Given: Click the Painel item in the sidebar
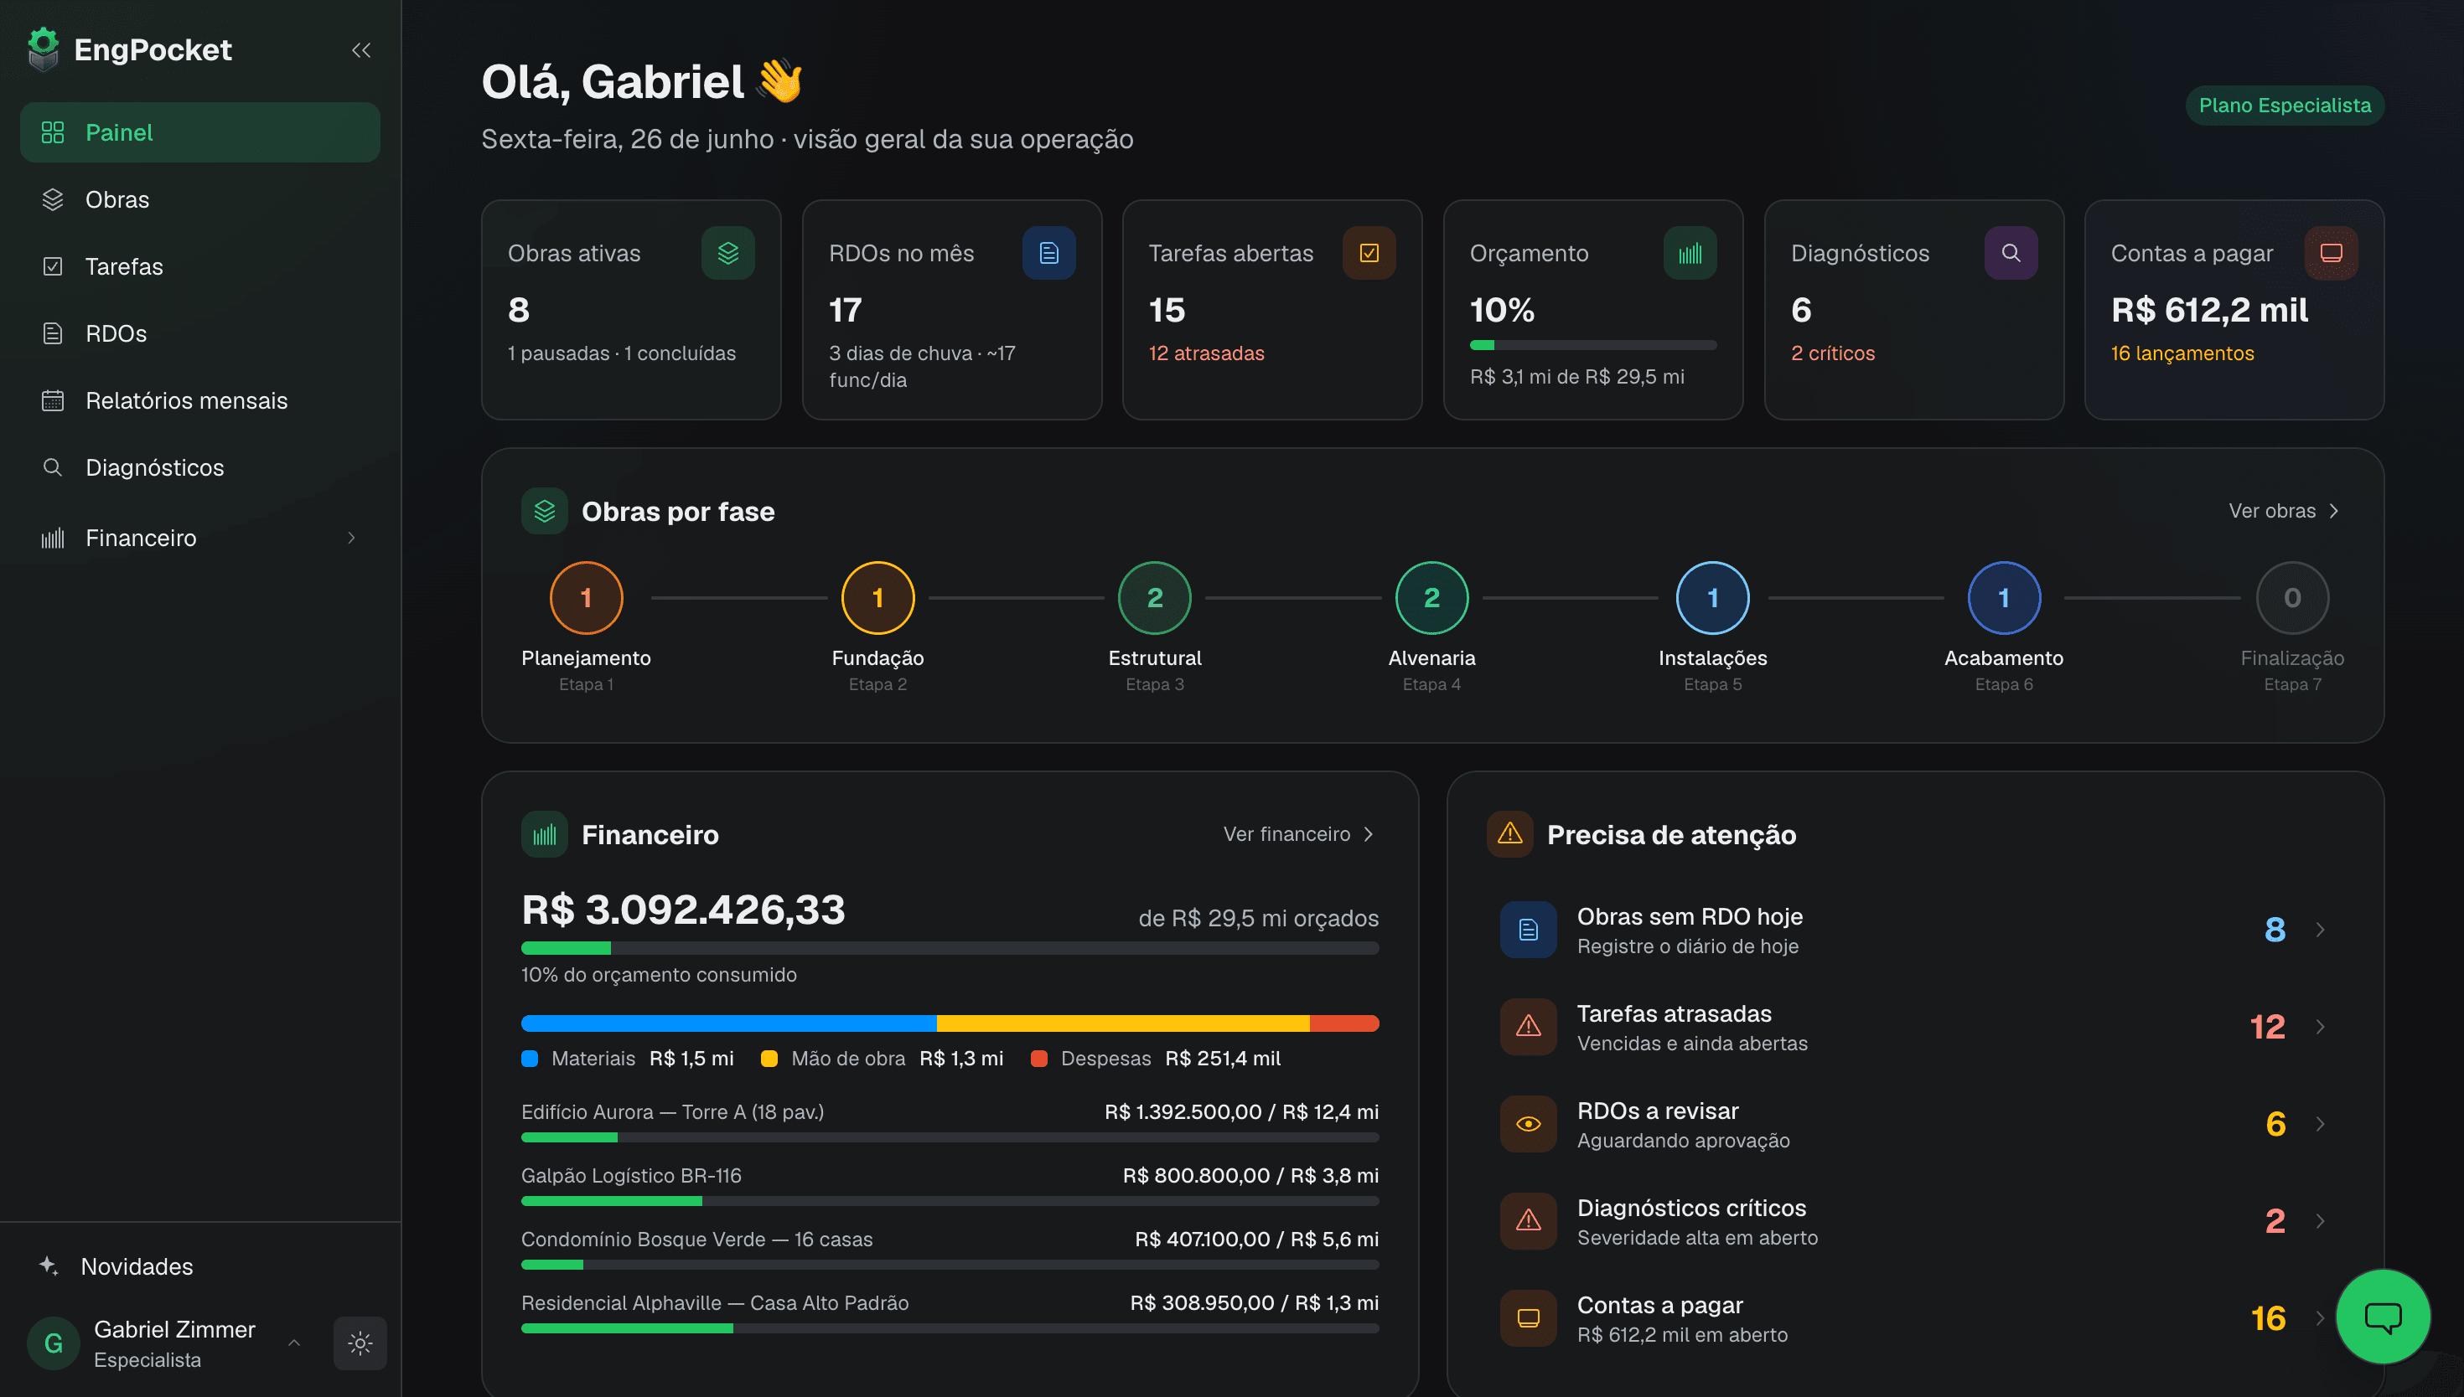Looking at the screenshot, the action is coord(199,132).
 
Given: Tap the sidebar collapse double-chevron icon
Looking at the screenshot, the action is coord(361,50).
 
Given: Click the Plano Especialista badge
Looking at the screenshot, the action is coord(2284,106).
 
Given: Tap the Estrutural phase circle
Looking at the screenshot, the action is coord(1154,598).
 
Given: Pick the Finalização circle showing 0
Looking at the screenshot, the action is coord(2291,598).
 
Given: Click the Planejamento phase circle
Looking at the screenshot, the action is coord(586,598).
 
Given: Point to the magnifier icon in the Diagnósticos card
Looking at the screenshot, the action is coord(2010,253).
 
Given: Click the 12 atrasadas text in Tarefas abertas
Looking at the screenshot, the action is coord(1206,353).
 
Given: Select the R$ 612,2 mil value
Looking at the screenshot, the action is coord(2208,310).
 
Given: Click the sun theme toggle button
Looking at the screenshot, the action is coord(360,1343).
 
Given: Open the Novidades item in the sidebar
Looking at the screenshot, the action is coord(137,1266).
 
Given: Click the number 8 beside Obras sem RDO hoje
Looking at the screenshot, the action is coord(2274,930).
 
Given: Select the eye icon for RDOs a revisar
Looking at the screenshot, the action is coord(1528,1124).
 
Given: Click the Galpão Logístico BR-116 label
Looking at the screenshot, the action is coord(630,1175).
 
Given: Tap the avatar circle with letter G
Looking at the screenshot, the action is coord(54,1343).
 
